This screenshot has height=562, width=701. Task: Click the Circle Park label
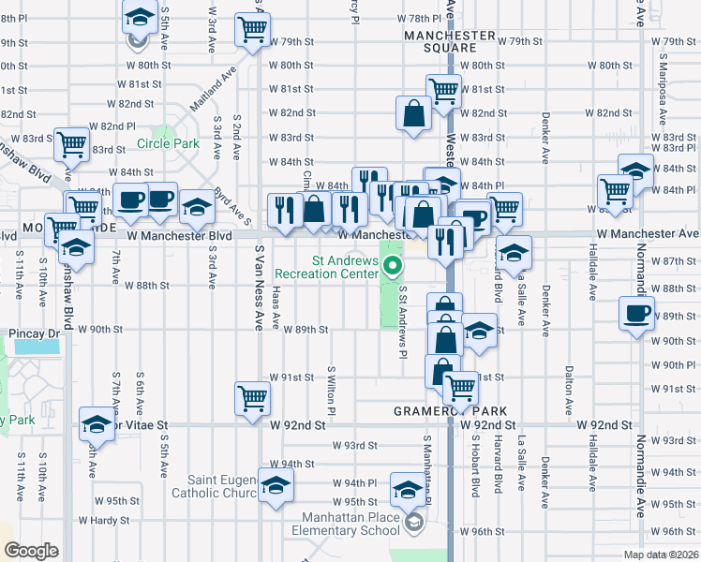click(168, 143)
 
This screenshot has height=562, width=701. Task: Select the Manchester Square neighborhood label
click(449, 41)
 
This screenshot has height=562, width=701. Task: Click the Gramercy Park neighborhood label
click(452, 411)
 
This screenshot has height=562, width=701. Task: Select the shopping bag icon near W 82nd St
click(413, 113)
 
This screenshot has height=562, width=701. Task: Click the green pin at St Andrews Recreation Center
click(394, 271)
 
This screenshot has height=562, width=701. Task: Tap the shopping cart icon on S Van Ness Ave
click(253, 398)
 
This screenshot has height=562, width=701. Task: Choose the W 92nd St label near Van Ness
click(296, 424)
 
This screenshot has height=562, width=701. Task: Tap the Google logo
click(30, 551)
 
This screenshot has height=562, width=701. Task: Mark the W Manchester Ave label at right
click(648, 233)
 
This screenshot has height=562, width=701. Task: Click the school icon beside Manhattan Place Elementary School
click(407, 490)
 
